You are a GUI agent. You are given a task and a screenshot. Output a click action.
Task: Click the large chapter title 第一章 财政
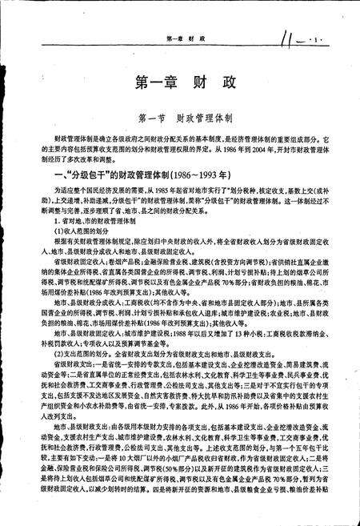point(179,81)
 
